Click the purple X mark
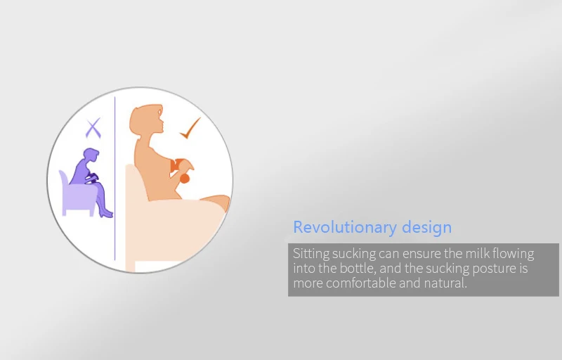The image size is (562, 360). click(x=93, y=129)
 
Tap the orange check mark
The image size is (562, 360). click(x=190, y=129)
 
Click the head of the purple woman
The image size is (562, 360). click(x=91, y=155)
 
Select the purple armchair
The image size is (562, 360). click(x=77, y=195)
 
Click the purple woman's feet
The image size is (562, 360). click(x=106, y=214)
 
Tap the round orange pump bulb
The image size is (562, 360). click(x=184, y=178)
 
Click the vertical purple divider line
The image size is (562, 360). click(x=115, y=178)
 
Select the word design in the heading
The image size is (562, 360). click(x=426, y=227)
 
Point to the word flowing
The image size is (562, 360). click(x=514, y=254)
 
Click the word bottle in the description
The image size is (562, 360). click(x=358, y=268)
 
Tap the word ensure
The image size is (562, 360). click(x=421, y=255)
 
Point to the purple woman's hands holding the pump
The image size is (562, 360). click(x=91, y=177)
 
